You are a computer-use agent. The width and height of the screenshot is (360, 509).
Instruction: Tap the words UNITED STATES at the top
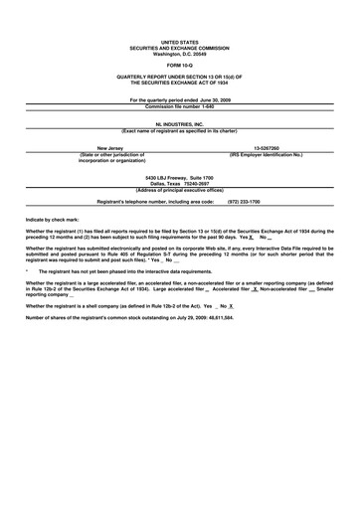pos(179,44)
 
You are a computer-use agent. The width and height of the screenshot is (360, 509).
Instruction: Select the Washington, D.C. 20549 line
pos(179,53)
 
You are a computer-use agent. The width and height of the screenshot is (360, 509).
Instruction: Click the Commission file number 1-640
pos(179,106)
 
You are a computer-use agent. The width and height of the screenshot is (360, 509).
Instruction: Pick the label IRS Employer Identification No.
pos(267,155)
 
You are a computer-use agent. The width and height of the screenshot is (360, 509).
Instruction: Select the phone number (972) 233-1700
pos(244,201)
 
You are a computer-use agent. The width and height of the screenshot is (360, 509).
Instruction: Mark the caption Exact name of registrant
pos(179,131)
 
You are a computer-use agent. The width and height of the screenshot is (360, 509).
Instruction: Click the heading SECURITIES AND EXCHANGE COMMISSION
pos(179,48)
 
